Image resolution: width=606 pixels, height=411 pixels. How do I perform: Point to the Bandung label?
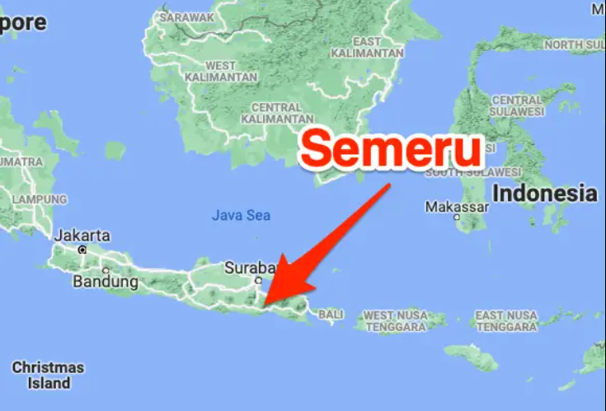point(105,282)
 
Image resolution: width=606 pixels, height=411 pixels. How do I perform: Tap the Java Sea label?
point(241,216)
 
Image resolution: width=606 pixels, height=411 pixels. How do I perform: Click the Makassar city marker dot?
point(457,217)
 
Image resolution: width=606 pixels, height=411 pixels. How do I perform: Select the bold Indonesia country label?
point(544,194)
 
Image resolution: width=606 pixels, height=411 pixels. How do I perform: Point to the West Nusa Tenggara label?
point(396,321)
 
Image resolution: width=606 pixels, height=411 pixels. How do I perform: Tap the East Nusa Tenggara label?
point(506,321)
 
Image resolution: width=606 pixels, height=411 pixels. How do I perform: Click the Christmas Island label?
point(48,375)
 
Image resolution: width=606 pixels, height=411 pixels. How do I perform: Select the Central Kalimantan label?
point(276,113)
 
